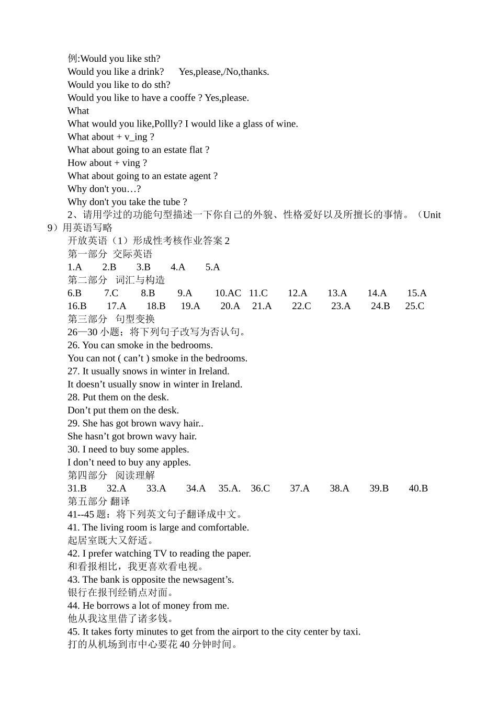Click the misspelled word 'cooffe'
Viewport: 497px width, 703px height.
[x=183, y=98]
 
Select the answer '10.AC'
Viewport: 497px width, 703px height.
[x=228, y=293]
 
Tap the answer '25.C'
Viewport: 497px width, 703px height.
[x=414, y=307]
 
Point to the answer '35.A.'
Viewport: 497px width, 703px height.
[x=229, y=489]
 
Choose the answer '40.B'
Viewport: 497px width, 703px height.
[x=418, y=489]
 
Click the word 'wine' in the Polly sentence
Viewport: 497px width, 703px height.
[x=286, y=124]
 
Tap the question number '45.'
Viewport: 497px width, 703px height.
[x=74, y=632]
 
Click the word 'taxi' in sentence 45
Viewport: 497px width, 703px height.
[x=351, y=632]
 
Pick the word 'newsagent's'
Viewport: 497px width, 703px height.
[x=207, y=580]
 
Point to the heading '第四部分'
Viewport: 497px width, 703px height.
[x=87, y=475]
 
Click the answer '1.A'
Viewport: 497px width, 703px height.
[x=75, y=267]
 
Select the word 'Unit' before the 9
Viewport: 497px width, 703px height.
[x=432, y=215]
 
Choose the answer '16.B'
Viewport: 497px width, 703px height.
[x=77, y=307]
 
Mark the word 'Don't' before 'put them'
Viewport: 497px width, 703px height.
[x=79, y=411]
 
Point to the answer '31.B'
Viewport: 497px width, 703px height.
[x=77, y=489]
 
